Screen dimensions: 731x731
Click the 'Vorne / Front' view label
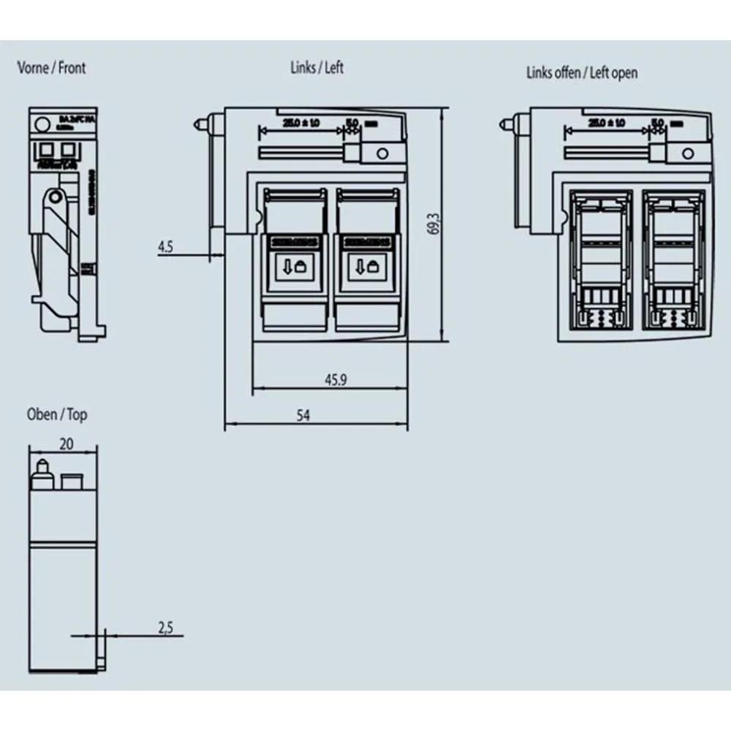click(x=51, y=68)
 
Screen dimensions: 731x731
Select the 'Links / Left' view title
click(x=317, y=68)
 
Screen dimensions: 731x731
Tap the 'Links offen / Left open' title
click(x=581, y=72)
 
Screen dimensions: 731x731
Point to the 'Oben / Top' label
click(x=56, y=414)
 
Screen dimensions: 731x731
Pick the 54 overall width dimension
click(x=303, y=415)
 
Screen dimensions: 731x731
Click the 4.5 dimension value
click(x=165, y=247)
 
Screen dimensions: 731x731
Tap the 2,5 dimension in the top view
click(x=166, y=626)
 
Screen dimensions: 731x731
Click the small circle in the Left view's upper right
click(x=381, y=154)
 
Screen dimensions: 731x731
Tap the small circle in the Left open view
click(x=687, y=154)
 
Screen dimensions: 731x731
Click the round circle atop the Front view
click(x=42, y=124)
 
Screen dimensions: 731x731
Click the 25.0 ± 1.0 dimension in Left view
click(x=300, y=123)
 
